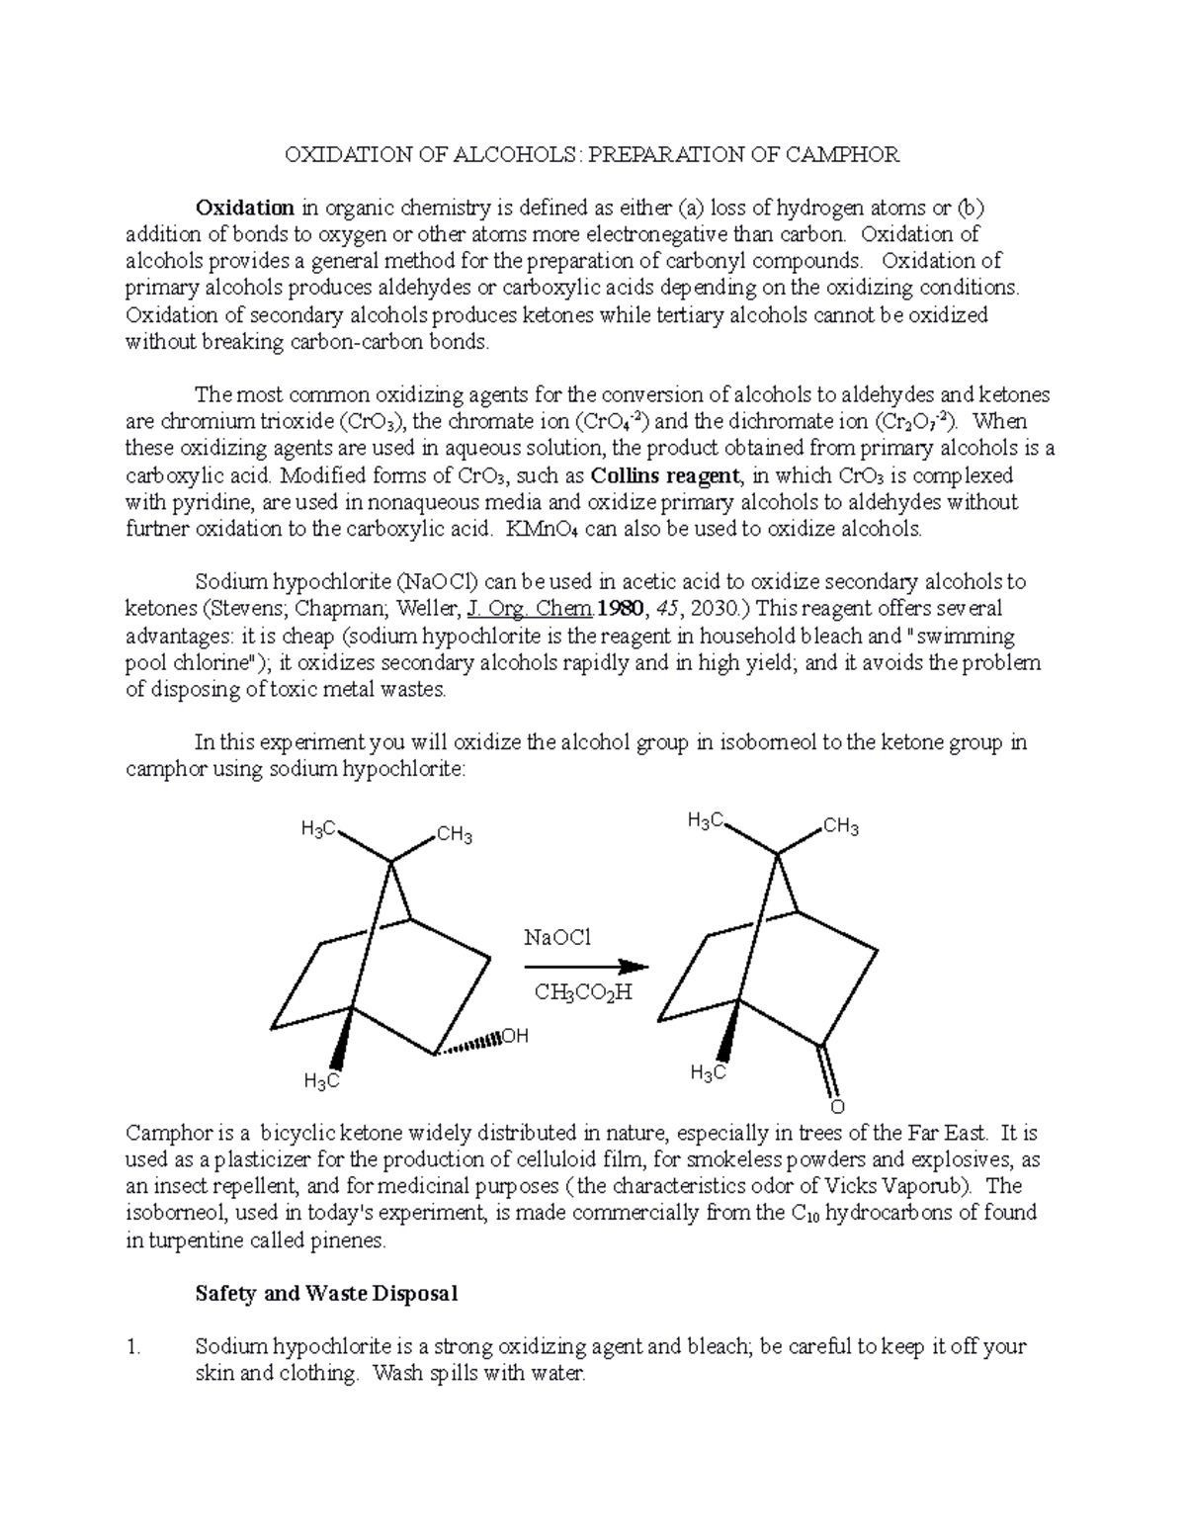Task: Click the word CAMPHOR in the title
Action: coord(837,155)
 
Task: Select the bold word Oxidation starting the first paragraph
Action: coord(244,209)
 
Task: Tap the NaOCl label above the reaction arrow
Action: coord(558,937)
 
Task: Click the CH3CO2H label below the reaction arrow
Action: coord(582,992)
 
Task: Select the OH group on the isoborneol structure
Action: coord(515,1037)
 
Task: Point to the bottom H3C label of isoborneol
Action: coord(321,1081)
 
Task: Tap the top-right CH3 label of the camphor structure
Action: coord(840,827)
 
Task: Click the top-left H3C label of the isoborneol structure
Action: coord(319,829)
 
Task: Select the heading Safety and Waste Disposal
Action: coord(326,1294)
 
